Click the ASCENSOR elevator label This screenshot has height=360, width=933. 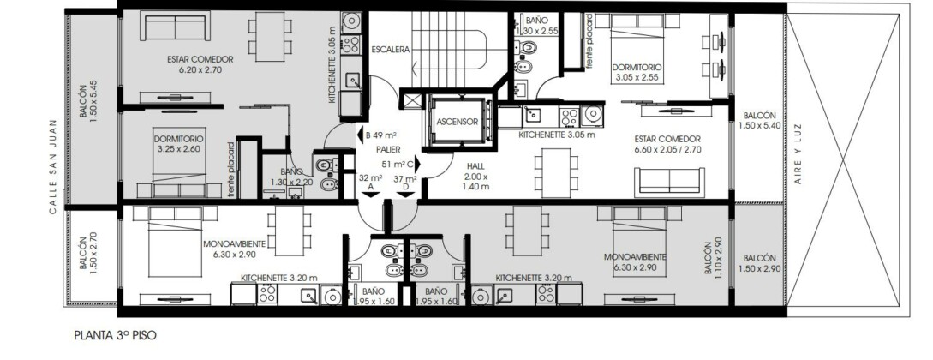tap(457, 122)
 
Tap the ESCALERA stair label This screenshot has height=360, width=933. tap(391, 50)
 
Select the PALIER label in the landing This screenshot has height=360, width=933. tap(388, 149)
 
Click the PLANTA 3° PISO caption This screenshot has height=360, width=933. tap(116, 336)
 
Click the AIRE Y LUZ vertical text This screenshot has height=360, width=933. tap(798, 153)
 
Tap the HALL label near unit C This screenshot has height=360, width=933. tap(476, 166)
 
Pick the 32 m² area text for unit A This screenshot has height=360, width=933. tap(371, 178)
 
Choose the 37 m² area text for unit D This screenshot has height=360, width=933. tap(405, 178)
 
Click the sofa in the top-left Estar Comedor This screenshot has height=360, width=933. tap(176, 27)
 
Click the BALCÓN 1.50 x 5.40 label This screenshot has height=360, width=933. tap(759, 120)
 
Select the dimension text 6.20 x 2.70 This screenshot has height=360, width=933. tap(200, 69)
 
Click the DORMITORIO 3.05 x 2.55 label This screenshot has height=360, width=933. tap(637, 73)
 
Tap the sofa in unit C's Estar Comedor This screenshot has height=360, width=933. tap(669, 182)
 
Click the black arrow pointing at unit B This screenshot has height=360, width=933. tap(361, 135)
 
